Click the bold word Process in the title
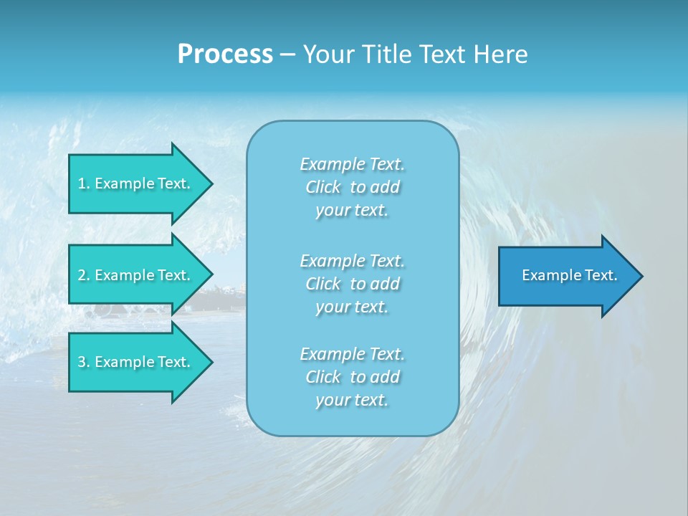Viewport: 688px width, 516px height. tap(225, 54)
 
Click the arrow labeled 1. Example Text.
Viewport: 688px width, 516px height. tap(136, 183)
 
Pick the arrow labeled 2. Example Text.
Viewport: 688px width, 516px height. tap(136, 275)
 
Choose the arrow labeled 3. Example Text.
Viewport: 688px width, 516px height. tap(136, 362)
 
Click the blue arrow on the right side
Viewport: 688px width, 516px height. tap(566, 275)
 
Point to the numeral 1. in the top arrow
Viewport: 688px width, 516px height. tap(84, 183)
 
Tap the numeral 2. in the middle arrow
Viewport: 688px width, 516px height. tap(84, 275)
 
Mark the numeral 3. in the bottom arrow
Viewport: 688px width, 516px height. tap(84, 362)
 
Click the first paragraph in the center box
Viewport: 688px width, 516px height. tap(352, 187)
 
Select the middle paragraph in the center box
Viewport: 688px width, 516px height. tap(352, 284)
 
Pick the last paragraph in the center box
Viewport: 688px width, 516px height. tap(352, 377)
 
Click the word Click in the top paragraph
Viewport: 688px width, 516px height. tap(323, 187)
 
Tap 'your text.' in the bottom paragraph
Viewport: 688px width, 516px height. tap(352, 400)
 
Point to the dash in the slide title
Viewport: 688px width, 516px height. tap(287, 55)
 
